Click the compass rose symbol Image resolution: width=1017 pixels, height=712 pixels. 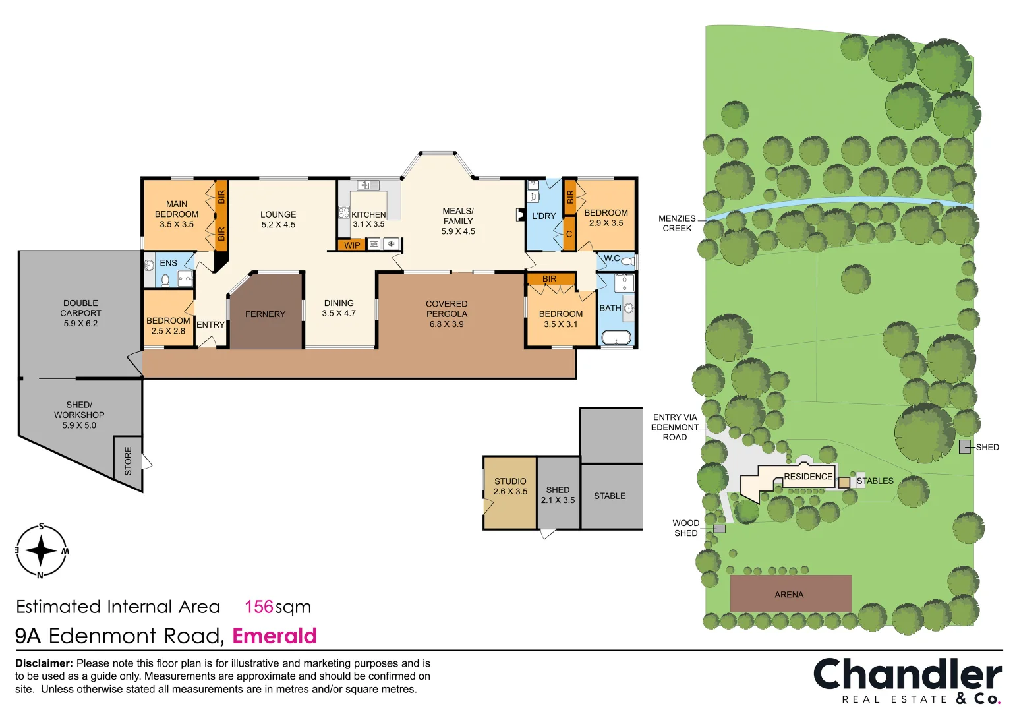(41, 551)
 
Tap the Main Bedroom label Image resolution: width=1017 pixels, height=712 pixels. (177, 214)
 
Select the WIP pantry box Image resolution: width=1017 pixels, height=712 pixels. (352, 245)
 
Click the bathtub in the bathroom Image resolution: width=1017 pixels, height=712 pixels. (616, 338)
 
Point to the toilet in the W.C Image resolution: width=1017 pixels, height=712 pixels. (627, 261)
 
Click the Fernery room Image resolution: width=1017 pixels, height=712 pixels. (265, 314)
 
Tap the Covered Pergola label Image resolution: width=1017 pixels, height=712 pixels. (446, 314)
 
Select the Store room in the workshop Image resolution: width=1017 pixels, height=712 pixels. (128, 461)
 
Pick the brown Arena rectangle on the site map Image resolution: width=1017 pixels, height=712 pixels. (790, 593)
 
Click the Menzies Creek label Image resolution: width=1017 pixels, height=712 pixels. (677, 223)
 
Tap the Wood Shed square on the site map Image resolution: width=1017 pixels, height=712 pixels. (720, 529)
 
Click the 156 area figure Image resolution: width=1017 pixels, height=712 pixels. (258, 607)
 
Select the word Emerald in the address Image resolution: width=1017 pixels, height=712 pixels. (274, 636)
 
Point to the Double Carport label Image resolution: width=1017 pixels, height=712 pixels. (80, 313)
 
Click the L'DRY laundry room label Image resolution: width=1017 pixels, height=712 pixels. (544, 216)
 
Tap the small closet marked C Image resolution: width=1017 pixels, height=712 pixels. (569, 234)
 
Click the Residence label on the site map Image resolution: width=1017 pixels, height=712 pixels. (808, 477)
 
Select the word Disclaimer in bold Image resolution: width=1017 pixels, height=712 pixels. (44, 663)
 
